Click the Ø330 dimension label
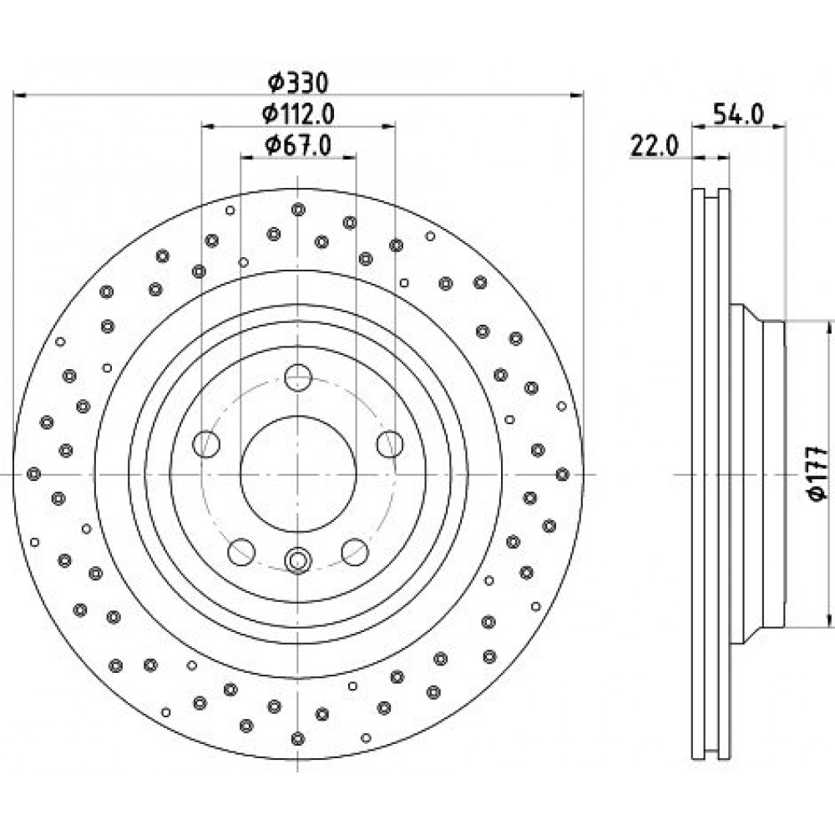point(298,83)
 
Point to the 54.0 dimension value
point(738,114)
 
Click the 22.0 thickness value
point(654,146)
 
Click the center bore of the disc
point(298,473)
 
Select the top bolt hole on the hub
point(298,377)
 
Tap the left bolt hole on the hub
point(206,443)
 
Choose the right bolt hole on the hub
point(390,443)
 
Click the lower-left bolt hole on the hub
point(241,552)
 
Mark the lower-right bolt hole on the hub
point(355,552)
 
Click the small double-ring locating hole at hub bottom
point(298,560)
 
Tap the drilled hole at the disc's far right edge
point(562,474)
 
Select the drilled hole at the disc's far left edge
point(34,473)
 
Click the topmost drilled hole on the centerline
point(298,210)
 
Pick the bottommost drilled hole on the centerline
point(298,739)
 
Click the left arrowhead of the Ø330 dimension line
point(20,95)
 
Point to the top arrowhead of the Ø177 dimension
point(828,326)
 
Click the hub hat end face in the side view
point(784,473)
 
